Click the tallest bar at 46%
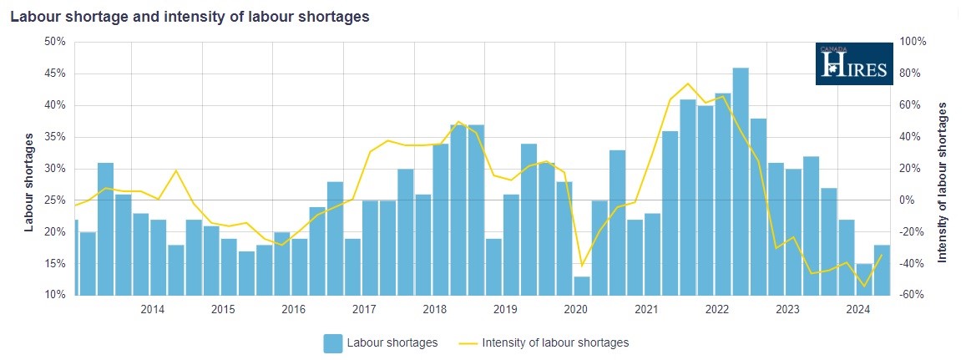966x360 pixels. click(x=741, y=180)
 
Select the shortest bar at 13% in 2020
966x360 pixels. click(x=582, y=285)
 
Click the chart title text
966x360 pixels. click(x=190, y=17)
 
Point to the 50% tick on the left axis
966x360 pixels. click(x=54, y=42)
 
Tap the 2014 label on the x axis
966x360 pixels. click(x=152, y=310)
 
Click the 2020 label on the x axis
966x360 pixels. click(x=576, y=310)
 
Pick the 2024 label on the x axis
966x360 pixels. click(x=858, y=310)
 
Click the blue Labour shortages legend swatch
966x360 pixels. click(x=333, y=342)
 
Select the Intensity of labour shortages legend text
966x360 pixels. click(x=555, y=342)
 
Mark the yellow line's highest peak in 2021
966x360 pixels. click(x=687, y=84)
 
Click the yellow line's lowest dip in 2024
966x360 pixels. click(x=864, y=286)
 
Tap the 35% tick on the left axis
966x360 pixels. click(x=54, y=137)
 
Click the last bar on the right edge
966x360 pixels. click(x=882, y=269)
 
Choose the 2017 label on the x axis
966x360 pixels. click(x=364, y=310)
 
